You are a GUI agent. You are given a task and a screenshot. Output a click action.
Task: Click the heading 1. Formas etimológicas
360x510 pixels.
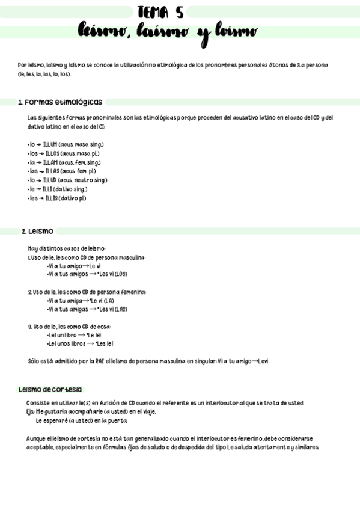[x=60, y=102]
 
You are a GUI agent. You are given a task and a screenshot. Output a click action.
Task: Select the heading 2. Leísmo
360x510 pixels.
[x=37, y=231]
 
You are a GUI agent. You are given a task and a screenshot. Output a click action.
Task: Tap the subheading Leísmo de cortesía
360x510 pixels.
[x=50, y=390]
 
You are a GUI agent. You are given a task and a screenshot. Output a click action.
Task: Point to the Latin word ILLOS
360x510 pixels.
[x=52, y=154]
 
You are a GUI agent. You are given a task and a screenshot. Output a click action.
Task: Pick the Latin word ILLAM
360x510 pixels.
[x=50, y=162]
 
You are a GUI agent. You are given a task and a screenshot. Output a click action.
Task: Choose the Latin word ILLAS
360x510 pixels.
[x=53, y=171]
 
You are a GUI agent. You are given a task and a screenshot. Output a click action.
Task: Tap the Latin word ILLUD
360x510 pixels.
[x=50, y=180]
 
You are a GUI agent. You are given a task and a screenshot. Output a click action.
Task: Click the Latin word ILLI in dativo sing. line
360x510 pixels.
[x=47, y=189]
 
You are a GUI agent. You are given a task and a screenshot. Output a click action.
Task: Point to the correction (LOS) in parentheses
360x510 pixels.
[x=121, y=274]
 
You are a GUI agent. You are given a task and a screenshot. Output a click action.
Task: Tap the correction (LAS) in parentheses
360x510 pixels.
[x=121, y=309]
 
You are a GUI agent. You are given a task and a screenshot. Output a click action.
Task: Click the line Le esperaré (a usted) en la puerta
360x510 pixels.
[x=81, y=421]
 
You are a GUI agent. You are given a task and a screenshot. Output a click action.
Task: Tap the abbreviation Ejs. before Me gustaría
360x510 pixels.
[x=31, y=412]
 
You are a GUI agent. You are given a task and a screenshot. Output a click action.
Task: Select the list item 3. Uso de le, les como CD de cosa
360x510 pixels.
[x=69, y=327]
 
